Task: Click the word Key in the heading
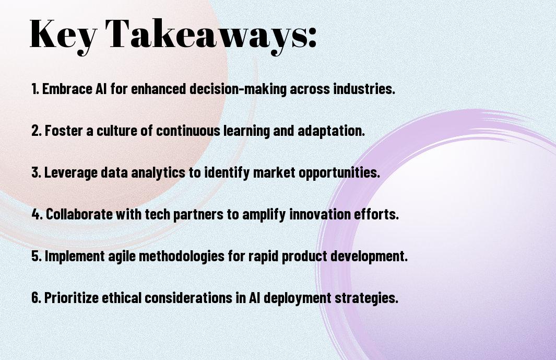[63, 36]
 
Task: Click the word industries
[364, 89]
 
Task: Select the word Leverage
[70, 173]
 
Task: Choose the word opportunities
[339, 173]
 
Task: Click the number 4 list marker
[37, 214]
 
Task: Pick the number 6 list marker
[37, 298]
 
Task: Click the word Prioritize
[72, 298]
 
